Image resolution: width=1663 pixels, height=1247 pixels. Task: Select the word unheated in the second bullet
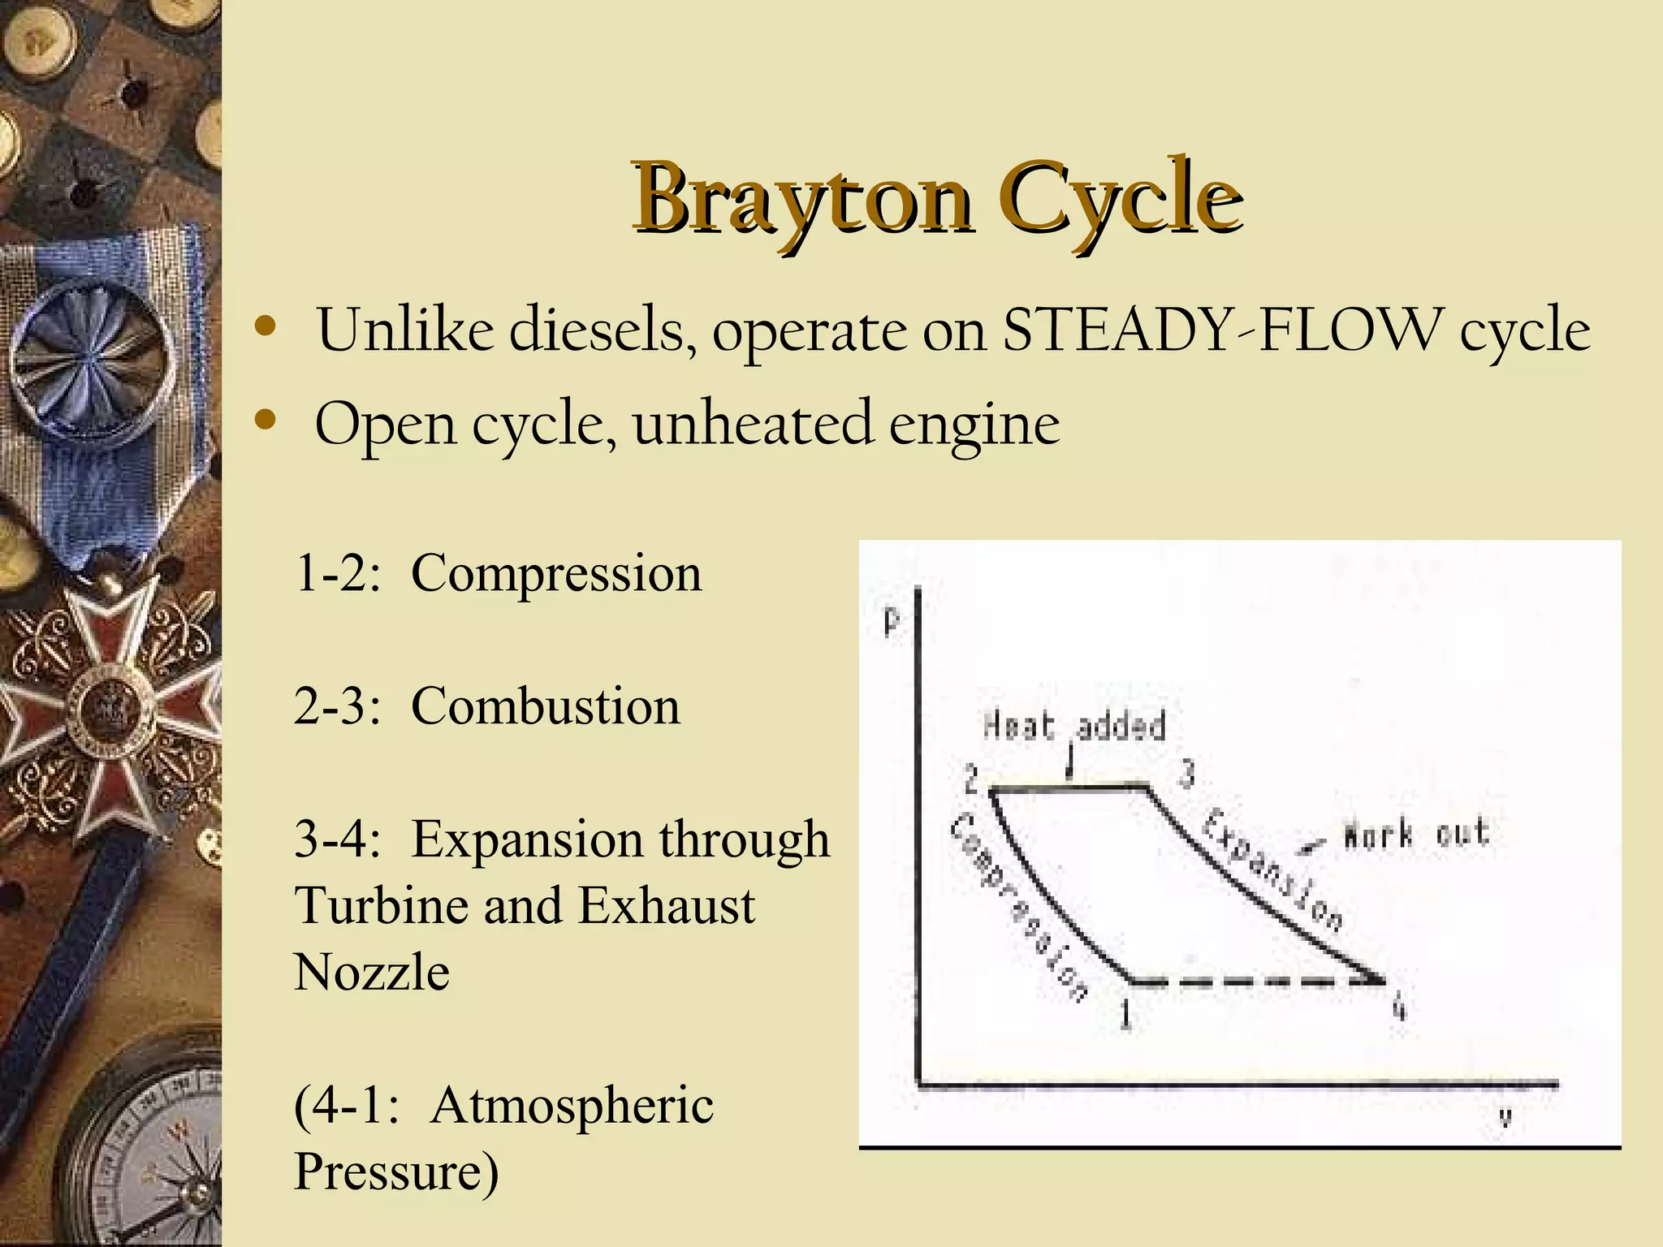coord(752,423)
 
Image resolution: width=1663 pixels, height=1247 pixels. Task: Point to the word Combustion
coord(545,705)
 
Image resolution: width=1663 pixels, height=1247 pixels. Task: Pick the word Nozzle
coord(372,972)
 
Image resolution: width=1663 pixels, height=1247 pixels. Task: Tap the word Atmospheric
coord(572,1105)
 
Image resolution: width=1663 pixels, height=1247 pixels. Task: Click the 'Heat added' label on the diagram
coord(1073,725)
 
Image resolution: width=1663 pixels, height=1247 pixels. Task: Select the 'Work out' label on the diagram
coord(1416,834)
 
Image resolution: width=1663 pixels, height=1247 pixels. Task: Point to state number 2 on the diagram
coord(971,780)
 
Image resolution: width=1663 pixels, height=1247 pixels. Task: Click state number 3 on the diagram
coord(1186,773)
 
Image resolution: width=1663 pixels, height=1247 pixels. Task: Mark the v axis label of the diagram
coord(1505,1118)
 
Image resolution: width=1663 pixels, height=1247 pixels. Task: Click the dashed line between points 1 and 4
coord(1259,982)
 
